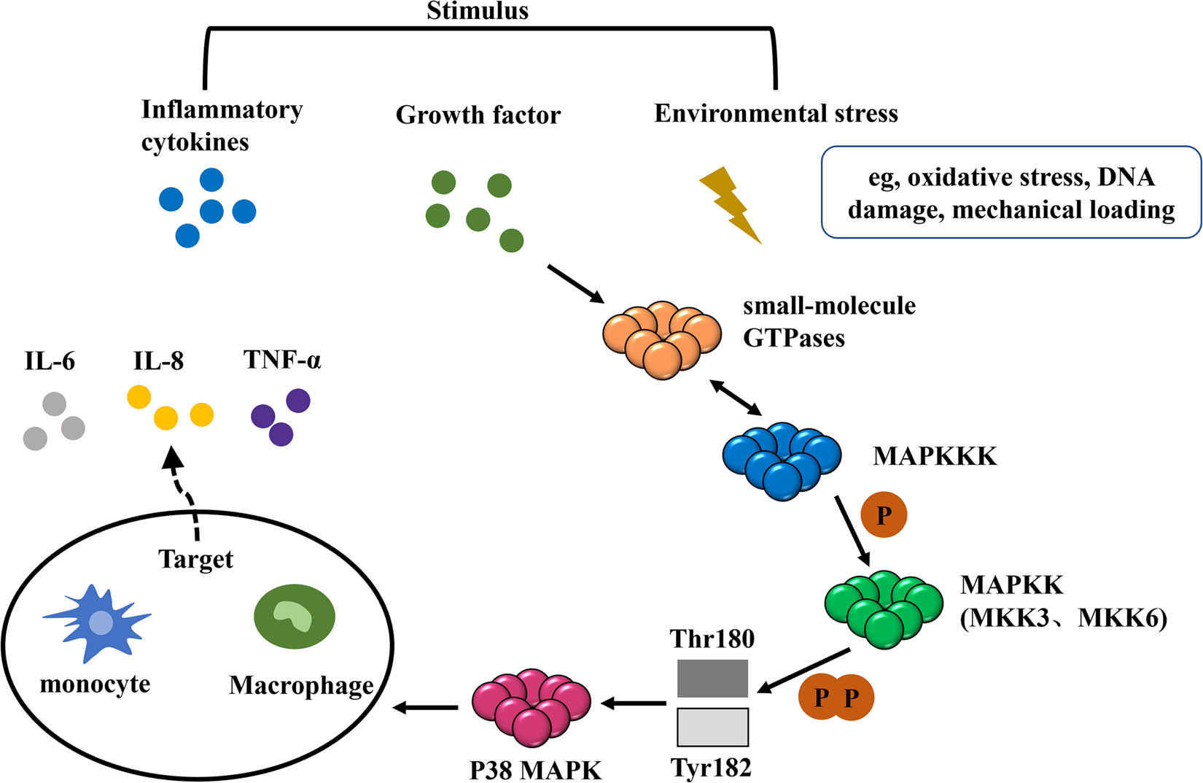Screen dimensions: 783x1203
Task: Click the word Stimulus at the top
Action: point(478,11)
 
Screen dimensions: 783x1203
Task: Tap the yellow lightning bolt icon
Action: point(729,204)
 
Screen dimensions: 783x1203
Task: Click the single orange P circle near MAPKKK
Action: point(884,515)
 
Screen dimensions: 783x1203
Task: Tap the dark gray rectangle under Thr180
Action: point(712,678)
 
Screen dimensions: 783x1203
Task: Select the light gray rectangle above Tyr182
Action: point(712,727)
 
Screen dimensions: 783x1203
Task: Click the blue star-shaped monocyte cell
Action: point(98,622)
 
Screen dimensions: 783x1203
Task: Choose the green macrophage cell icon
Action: point(294,617)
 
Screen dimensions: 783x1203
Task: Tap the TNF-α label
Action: point(282,360)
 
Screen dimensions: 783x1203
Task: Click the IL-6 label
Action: point(50,361)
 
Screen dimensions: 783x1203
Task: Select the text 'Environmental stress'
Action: point(776,114)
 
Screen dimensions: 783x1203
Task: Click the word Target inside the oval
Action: point(195,559)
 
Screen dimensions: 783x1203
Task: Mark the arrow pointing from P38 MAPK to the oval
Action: point(426,706)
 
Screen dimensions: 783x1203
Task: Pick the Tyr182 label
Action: point(711,767)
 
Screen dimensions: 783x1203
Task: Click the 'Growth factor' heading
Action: point(478,115)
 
